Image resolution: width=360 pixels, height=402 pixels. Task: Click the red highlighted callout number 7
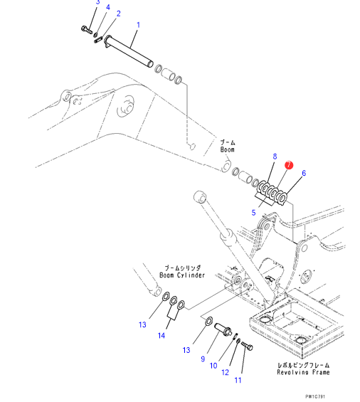click(x=289, y=165)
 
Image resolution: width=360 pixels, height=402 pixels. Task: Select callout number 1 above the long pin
click(x=138, y=25)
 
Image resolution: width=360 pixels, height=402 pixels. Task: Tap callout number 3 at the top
click(x=97, y=2)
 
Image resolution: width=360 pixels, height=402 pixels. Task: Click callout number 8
click(x=275, y=157)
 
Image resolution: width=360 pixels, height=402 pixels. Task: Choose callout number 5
click(x=253, y=213)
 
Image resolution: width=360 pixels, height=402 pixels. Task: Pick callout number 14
click(x=162, y=335)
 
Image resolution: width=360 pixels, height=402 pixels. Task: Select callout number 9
click(x=203, y=359)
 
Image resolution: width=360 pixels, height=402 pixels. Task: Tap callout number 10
click(x=213, y=366)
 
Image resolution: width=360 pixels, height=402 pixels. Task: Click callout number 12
click(x=225, y=372)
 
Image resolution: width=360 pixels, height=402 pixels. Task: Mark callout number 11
click(x=238, y=380)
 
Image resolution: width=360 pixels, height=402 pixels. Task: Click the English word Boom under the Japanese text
click(x=228, y=149)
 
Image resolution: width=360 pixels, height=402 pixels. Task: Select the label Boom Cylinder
click(x=182, y=275)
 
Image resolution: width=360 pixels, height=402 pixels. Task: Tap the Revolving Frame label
click(x=303, y=372)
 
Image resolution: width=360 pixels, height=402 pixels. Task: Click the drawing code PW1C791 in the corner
click(x=315, y=396)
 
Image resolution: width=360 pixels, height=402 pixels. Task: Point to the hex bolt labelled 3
click(x=87, y=29)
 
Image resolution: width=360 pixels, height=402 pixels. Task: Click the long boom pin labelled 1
click(x=129, y=51)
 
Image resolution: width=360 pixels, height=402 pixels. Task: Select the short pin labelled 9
click(x=223, y=329)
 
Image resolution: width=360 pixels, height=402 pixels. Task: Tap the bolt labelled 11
click(x=247, y=346)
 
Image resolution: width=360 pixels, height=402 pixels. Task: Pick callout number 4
click(x=108, y=7)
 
